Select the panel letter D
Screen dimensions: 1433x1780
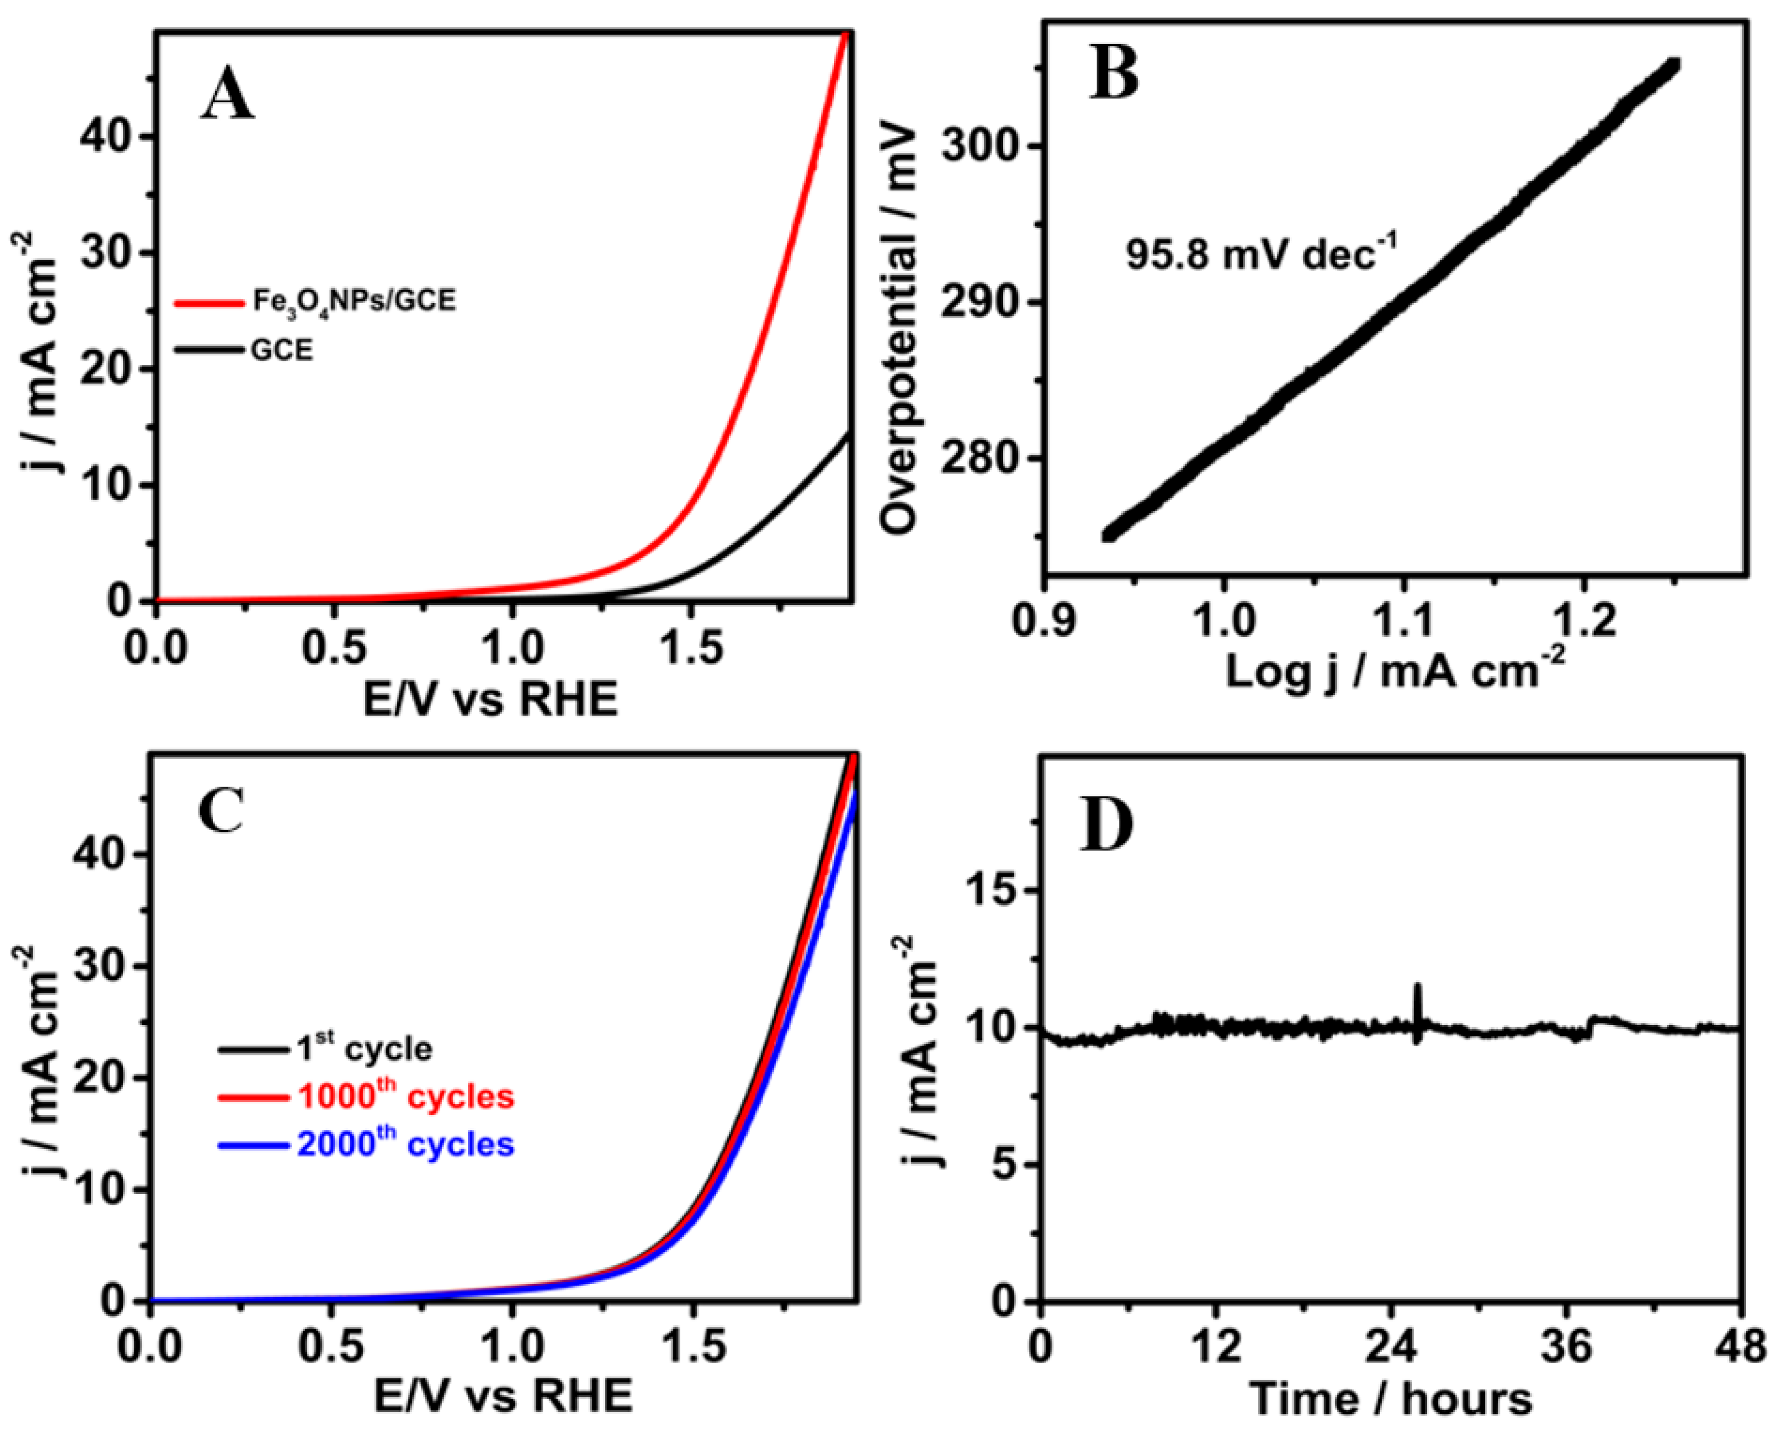[1107, 825]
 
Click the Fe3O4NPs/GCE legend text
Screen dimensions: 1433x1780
[353, 302]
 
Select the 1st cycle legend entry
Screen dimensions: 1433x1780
[363, 1049]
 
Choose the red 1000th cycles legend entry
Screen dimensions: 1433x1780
[405, 1097]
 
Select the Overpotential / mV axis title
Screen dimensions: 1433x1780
[899, 330]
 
